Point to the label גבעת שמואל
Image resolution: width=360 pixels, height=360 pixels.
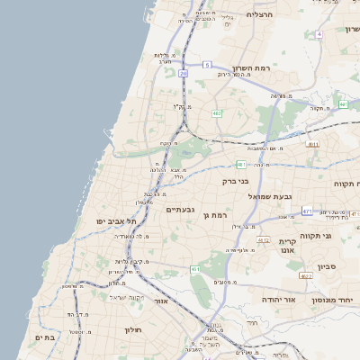point(268,196)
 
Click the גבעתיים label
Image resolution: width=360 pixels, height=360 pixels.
point(181,209)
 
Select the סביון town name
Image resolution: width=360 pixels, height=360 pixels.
point(327,266)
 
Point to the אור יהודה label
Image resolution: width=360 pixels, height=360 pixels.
point(260,299)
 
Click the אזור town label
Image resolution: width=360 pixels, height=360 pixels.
point(162,301)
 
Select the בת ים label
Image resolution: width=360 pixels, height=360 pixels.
point(45,337)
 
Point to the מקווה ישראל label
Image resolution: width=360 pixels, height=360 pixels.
point(127,297)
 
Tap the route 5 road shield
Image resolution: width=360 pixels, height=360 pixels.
point(206,65)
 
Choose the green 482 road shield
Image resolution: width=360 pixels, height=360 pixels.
point(217,112)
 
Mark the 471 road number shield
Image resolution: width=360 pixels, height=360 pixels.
point(307,211)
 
